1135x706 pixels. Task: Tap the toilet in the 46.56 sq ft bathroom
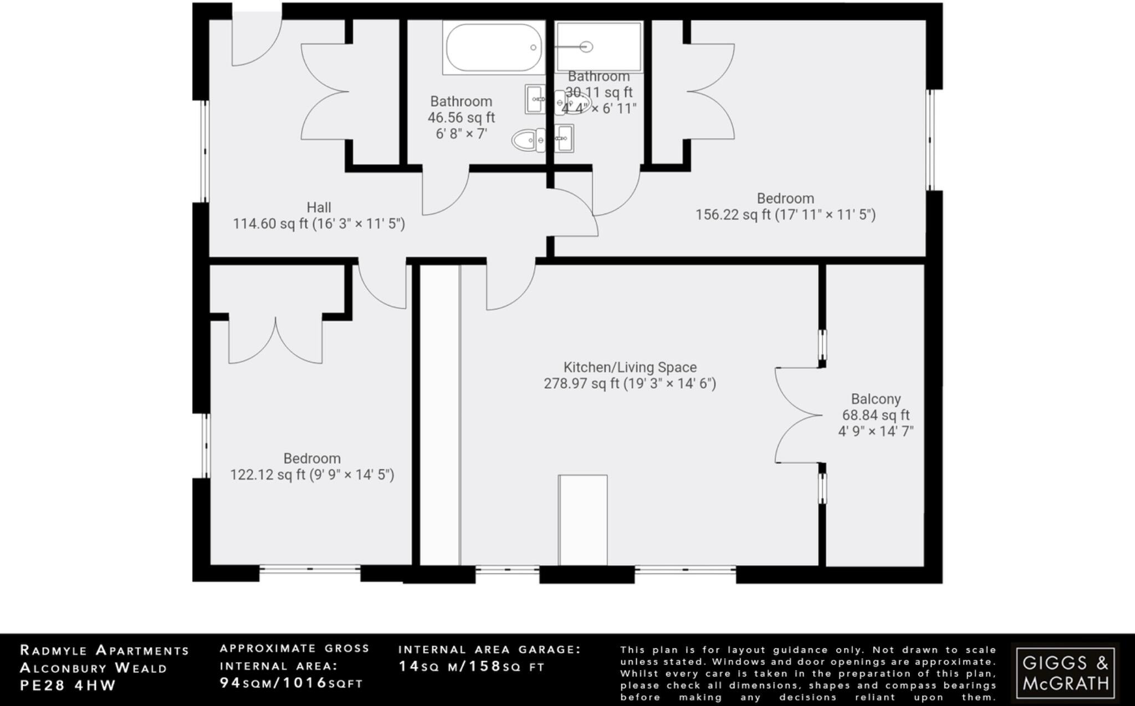527,140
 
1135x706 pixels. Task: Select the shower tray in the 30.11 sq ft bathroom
599,47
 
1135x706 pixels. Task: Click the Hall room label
319,207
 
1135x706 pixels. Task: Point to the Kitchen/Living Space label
630,367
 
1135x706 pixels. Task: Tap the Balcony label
876,399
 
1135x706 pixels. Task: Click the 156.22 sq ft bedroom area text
785,215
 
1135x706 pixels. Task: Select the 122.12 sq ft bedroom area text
312,475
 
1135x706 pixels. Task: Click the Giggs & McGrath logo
1065,671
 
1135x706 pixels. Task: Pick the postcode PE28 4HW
68,685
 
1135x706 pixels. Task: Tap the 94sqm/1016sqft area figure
292,683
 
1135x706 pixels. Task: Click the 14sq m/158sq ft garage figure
472,667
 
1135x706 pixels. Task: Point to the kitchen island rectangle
582,520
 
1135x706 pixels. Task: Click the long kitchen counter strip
439,415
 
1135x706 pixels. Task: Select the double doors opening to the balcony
798,415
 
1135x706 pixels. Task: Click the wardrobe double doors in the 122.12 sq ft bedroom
275,343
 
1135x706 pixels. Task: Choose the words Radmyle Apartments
105,651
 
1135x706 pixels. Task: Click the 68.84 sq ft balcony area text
876,415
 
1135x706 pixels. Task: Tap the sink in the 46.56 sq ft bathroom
535,99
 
